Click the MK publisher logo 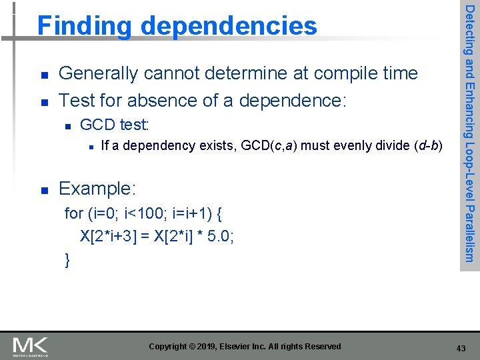coord(30,346)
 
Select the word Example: coord(97,189)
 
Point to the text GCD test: coord(115,125)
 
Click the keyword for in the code coord(73,214)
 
